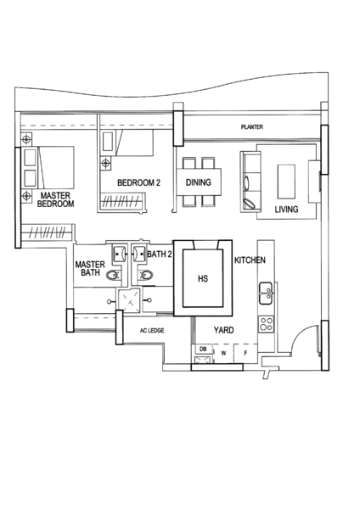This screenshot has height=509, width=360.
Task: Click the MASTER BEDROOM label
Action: click(55, 199)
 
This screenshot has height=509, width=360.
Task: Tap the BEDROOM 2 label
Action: click(138, 182)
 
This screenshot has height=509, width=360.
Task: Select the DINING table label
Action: click(199, 182)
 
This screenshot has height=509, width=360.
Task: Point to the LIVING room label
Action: click(287, 210)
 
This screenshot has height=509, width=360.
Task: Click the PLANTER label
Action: click(252, 127)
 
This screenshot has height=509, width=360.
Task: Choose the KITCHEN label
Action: click(250, 260)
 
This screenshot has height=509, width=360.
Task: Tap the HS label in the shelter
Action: click(203, 278)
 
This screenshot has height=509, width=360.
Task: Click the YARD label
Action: click(223, 330)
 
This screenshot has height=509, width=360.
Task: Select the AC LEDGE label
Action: click(152, 331)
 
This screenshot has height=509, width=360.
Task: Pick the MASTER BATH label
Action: click(90, 268)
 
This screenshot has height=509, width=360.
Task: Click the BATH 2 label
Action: click(160, 255)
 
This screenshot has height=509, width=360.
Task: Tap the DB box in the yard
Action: click(203, 350)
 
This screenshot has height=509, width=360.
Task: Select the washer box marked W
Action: click(223, 354)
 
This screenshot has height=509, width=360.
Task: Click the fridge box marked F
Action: click(245, 354)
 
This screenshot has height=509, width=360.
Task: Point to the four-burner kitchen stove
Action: click(266, 324)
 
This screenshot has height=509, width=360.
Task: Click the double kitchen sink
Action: click(266, 294)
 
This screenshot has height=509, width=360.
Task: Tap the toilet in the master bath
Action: click(112, 276)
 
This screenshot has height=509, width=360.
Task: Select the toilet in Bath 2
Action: click(146, 275)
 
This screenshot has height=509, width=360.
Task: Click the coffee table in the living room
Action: click(286, 182)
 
